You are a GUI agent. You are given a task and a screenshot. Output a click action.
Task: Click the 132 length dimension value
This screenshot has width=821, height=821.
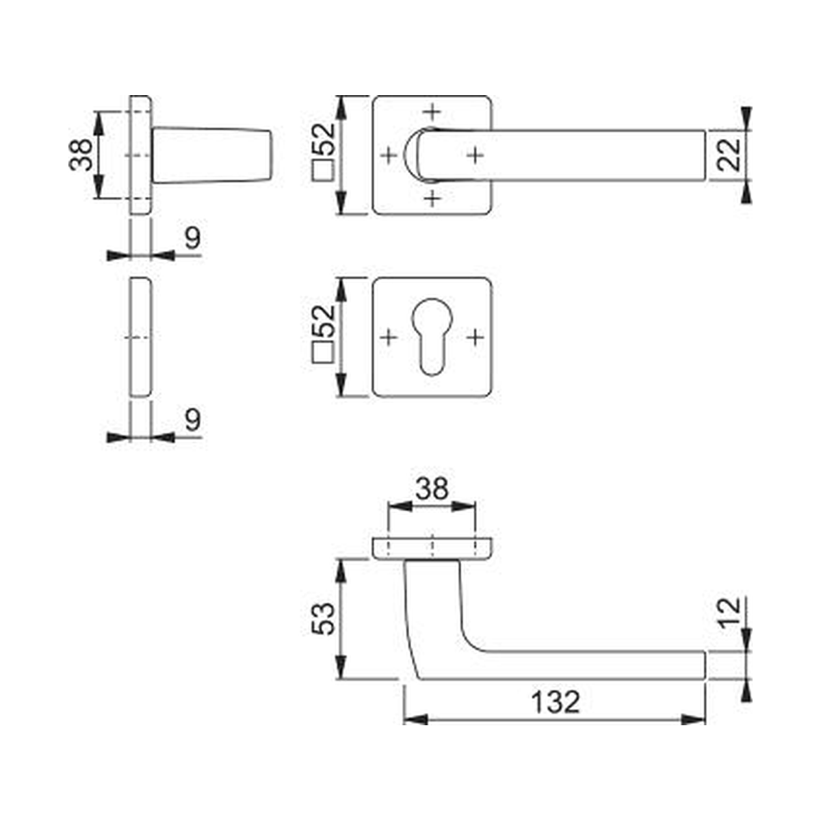point(556,703)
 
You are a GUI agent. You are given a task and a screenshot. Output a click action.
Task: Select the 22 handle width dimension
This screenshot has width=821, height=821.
point(729,155)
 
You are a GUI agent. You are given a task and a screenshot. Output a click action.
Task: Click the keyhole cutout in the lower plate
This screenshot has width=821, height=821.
point(432,337)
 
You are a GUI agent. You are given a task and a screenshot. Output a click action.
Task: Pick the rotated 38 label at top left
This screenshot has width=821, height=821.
point(80,155)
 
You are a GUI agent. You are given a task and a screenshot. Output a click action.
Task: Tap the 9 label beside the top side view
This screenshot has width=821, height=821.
point(192,237)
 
